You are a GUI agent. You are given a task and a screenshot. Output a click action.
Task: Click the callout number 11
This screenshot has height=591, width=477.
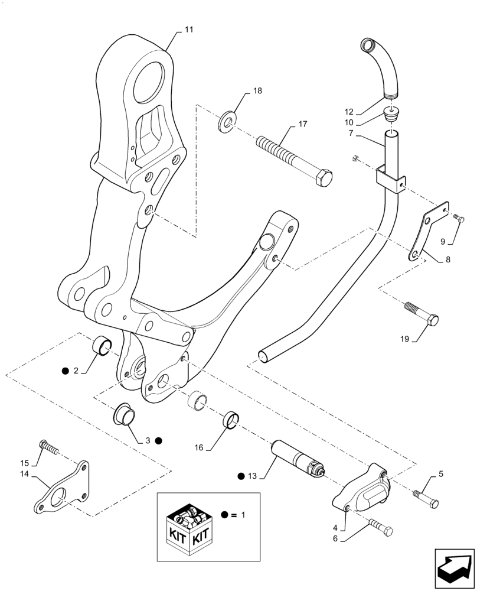coord(188,29)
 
